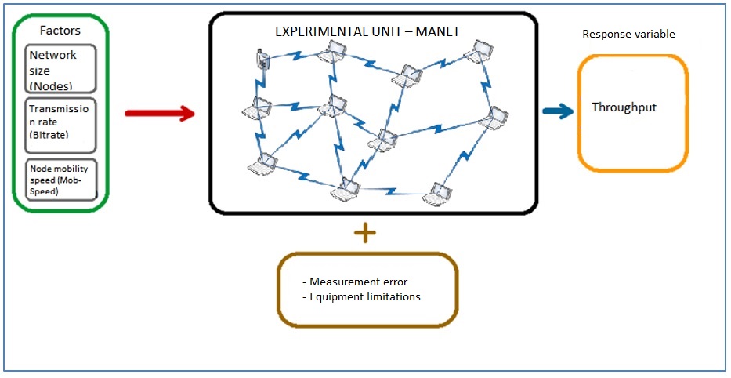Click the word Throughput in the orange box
pyautogui.click(x=624, y=107)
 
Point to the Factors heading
pyautogui.click(x=60, y=31)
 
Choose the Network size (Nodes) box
pyautogui.click(x=60, y=69)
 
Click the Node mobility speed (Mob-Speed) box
pyautogui.click(x=60, y=180)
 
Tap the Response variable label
pyautogui.click(x=629, y=35)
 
